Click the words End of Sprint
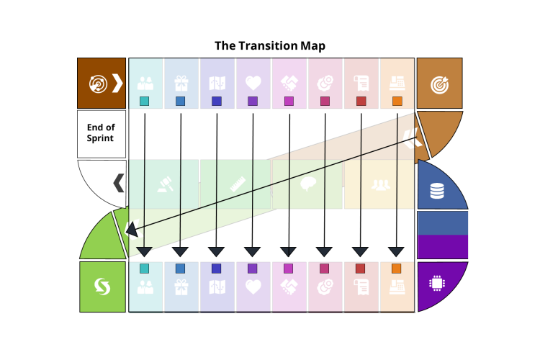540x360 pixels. point(101,133)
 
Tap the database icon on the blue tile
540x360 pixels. point(437,191)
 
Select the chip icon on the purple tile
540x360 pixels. point(437,283)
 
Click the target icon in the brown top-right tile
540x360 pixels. point(439,84)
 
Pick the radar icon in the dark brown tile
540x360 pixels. point(98,84)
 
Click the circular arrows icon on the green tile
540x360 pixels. point(102,287)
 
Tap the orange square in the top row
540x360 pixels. point(397,102)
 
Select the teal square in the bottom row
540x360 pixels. point(145,269)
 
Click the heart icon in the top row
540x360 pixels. point(253,84)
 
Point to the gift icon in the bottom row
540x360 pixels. point(181,287)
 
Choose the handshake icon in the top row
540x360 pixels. point(289,84)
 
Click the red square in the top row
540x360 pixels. point(361,102)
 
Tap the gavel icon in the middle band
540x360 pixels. point(165,184)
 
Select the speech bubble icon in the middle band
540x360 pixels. point(308,184)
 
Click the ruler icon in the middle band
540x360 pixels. point(238,184)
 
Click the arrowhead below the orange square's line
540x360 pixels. point(396,252)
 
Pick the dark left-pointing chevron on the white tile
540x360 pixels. point(119,183)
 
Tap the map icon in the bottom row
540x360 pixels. point(217,287)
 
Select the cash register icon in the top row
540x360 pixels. point(397,84)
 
